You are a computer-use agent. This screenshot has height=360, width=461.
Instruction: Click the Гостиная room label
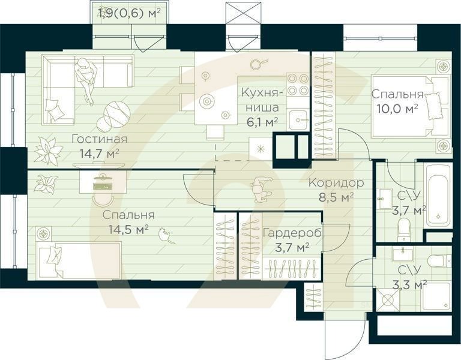coord(100,139)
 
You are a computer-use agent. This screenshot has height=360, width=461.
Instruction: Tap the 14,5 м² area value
coord(128,229)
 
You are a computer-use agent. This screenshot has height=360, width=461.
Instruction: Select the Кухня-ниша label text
coord(262,100)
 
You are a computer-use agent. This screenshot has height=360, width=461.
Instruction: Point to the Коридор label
coord(336,183)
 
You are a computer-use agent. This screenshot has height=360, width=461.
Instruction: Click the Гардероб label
coord(292,233)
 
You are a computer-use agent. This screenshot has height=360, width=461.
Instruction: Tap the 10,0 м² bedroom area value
coord(397,109)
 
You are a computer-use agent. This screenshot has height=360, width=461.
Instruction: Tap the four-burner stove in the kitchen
coord(298,85)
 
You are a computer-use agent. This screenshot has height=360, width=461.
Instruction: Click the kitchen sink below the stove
coord(299,120)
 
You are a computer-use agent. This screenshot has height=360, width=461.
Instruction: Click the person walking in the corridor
coord(261,189)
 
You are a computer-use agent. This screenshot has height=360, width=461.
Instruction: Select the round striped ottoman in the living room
coord(116,113)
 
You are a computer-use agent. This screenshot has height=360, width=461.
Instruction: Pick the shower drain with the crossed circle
coord(388,300)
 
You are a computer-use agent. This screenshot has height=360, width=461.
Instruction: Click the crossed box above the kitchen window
coord(243,13)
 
